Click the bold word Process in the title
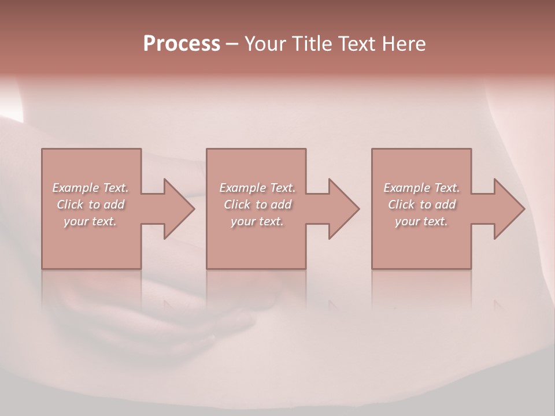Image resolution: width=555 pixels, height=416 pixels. [182, 44]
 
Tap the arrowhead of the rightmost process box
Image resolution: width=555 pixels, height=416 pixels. [508, 209]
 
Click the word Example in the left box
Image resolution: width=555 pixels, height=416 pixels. [76, 188]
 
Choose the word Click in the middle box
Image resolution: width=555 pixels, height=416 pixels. [238, 205]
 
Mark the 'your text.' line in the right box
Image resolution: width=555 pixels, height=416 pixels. [421, 221]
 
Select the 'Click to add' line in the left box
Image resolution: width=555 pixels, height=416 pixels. [91, 205]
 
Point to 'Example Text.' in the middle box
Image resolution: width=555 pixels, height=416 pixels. [257, 188]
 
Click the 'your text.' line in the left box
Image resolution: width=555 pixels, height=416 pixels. [90, 221]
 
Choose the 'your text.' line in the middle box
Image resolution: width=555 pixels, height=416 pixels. [257, 221]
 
